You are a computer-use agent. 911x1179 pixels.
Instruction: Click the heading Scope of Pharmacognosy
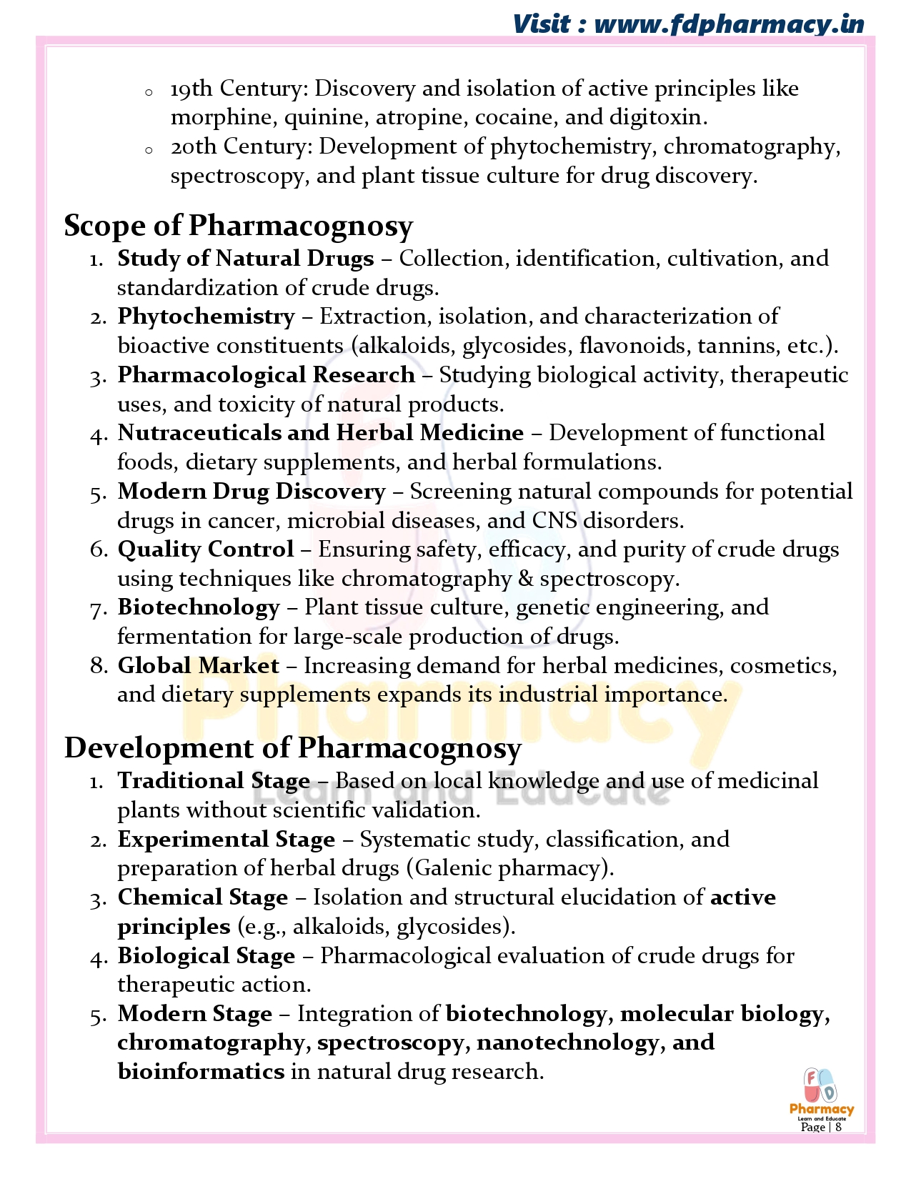point(239,226)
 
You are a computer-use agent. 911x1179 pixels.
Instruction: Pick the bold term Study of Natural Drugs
point(246,259)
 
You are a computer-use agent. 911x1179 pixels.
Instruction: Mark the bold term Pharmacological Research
point(267,375)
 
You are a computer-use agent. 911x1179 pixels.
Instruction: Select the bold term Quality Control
point(206,549)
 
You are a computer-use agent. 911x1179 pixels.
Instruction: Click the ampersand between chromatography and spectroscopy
point(526,579)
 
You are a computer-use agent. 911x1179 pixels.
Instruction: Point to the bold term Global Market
point(199,666)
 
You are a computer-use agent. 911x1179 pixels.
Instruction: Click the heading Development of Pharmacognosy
point(293,748)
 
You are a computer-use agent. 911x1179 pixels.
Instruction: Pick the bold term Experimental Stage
point(226,840)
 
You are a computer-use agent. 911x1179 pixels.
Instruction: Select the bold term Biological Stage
point(206,956)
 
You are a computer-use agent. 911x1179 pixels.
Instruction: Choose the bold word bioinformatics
point(201,1072)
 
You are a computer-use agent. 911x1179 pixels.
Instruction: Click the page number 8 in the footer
point(838,1127)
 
